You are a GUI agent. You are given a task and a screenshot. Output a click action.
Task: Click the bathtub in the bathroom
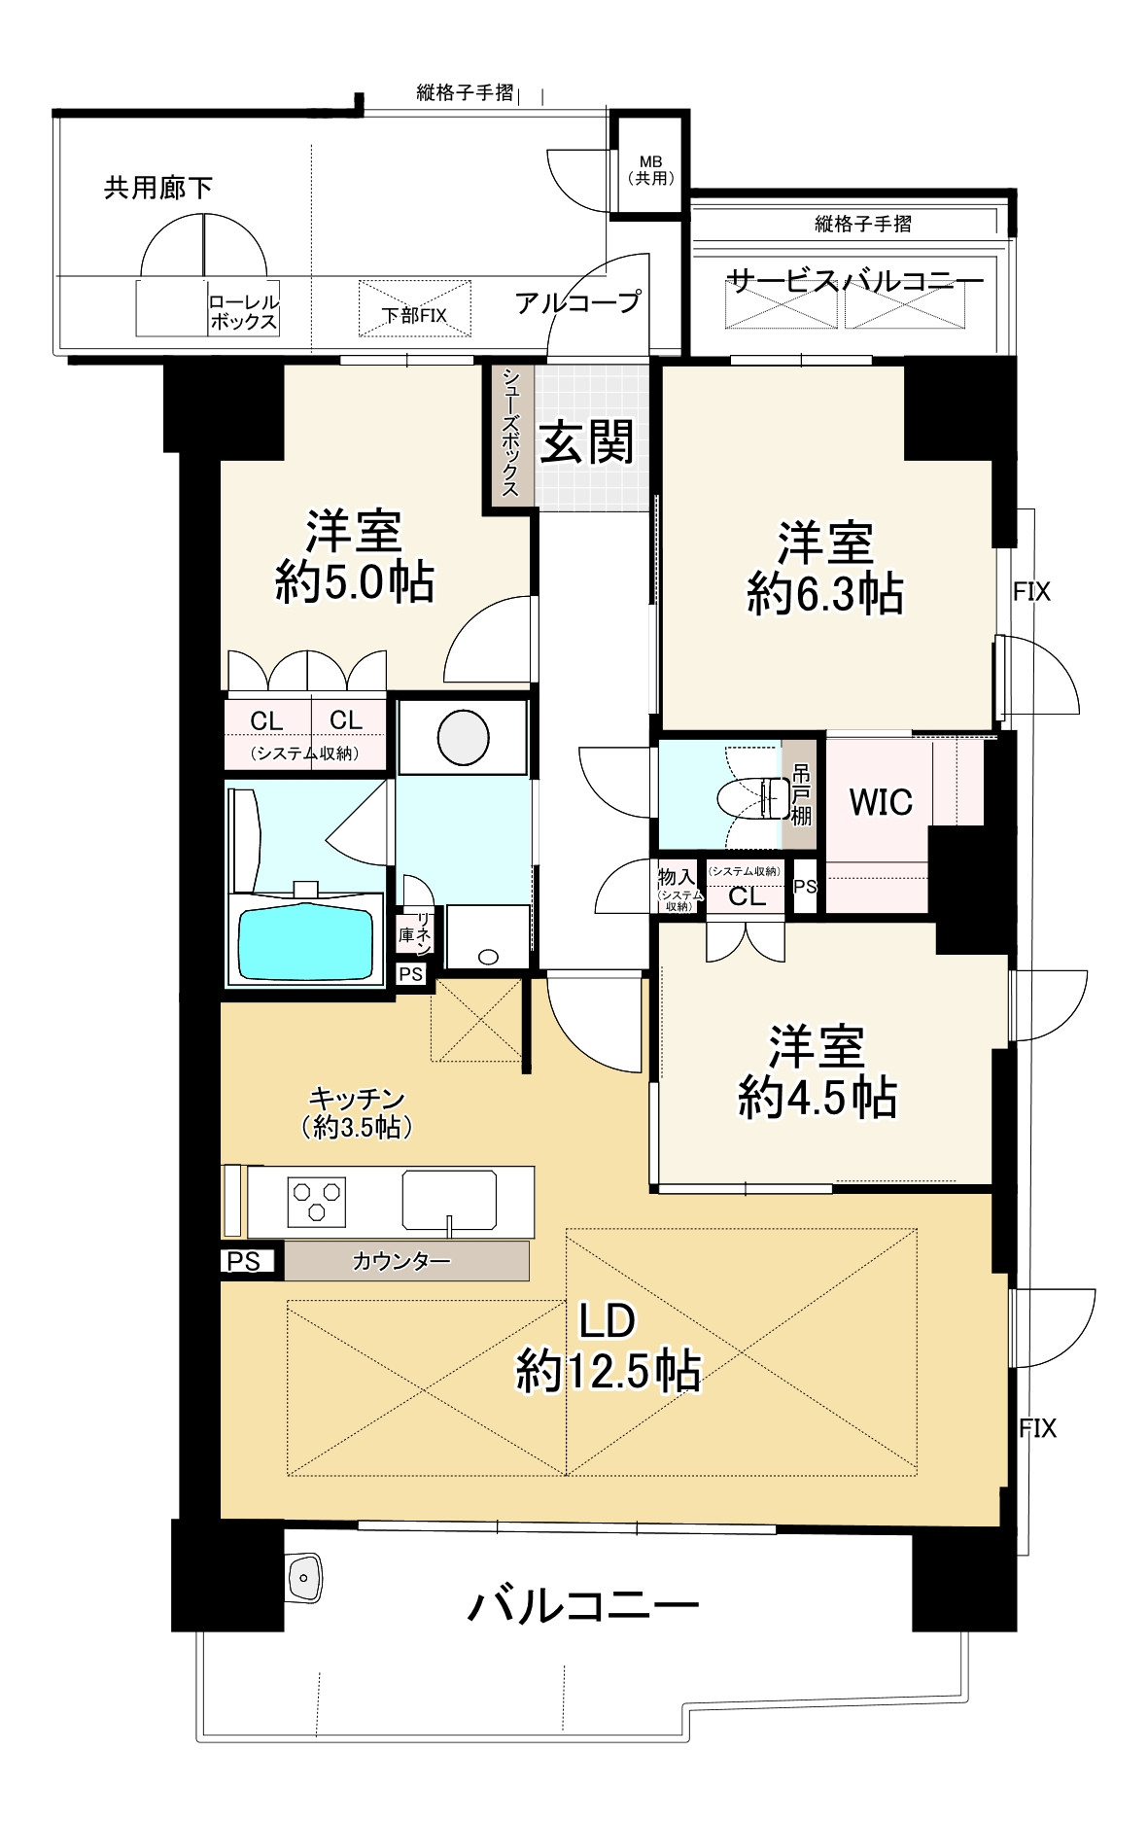pyautogui.click(x=305, y=943)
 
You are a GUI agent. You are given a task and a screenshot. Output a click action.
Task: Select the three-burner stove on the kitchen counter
pyautogui.click(x=317, y=1200)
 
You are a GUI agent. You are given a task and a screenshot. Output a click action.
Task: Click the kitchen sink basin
pyautogui.click(x=449, y=1200)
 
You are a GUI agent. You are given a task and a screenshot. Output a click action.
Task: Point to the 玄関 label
pyautogui.click(x=587, y=442)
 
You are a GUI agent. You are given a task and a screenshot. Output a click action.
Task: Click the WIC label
pyautogui.click(x=881, y=802)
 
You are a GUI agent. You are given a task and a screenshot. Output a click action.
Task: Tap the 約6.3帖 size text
pyautogui.click(x=824, y=594)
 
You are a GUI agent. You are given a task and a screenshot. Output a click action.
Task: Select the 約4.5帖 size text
pyautogui.click(x=817, y=1098)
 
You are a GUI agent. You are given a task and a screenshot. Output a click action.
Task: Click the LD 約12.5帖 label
pyautogui.click(x=608, y=1348)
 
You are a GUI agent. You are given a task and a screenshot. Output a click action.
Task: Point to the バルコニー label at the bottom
pyautogui.click(x=583, y=1605)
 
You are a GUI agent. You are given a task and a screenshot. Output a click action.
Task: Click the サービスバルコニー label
pyautogui.click(x=855, y=282)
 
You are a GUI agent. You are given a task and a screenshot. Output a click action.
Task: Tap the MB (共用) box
pyautogui.click(x=650, y=170)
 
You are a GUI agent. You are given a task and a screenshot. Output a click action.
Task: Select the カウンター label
pyautogui.click(x=401, y=1262)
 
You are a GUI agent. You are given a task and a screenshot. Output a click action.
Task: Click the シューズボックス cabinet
pyautogui.click(x=510, y=433)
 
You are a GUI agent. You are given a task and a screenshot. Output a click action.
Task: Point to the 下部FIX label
pyautogui.click(x=414, y=315)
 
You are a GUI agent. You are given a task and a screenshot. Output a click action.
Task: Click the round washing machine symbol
pyautogui.click(x=463, y=737)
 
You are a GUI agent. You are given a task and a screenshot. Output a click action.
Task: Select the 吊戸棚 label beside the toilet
pyautogui.click(x=801, y=794)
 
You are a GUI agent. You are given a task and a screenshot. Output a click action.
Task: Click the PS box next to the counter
pyautogui.click(x=244, y=1261)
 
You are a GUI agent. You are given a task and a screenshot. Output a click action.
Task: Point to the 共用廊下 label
pyautogui.click(x=158, y=188)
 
